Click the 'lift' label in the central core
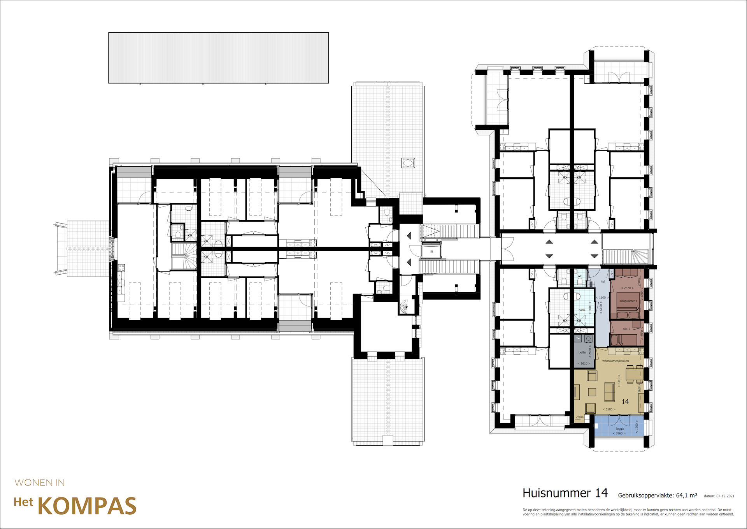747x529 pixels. click(x=431, y=252)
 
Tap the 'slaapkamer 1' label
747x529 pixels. click(x=628, y=301)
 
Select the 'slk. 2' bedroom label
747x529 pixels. click(x=626, y=329)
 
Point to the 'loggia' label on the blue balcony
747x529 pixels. click(x=620, y=428)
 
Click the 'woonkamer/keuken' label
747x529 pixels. click(x=615, y=361)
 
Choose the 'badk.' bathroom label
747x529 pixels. click(x=582, y=310)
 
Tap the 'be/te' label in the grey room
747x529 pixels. click(x=582, y=352)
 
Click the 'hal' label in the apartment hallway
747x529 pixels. click(x=603, y=281)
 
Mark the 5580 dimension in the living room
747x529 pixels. click(x=609, y=409)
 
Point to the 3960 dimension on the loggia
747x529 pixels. click(x=619, y=433)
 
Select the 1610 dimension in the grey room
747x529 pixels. click(x=584, y=363)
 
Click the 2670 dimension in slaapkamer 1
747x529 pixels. click(x=627, y=288)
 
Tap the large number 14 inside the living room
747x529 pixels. click(x=625, y=402)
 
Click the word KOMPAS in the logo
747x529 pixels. click(x=87, y=506)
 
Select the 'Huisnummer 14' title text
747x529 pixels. click(x=565, y=493)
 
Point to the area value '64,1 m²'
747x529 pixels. click(x=687, y=495)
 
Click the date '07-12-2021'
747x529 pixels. click(x=725, y=496)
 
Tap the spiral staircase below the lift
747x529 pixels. click(x=405, y=306)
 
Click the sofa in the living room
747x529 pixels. click(x=609, y=392)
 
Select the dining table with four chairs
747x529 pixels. click(x=634, y=374)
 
